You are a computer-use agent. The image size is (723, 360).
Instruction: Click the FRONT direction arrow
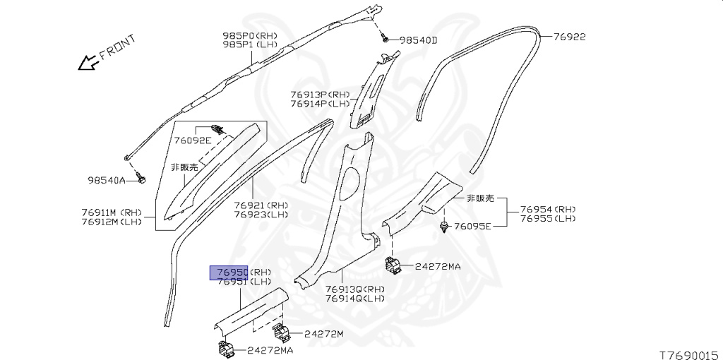[x=88, y=64]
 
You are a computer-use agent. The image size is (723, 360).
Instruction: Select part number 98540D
[x=419, y=41]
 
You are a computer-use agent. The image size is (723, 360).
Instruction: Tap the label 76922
[x=569, y=37]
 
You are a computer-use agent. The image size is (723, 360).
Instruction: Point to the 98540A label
[x=107, y=181]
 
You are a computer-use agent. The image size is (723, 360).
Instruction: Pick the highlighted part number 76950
[x=231, y=272]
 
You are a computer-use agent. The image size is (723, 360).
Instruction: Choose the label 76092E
[x=193, y=140]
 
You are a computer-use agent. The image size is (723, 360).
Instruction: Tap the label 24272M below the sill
[x=324, y=334]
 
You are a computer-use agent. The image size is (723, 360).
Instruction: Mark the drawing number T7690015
[x=688, y=351]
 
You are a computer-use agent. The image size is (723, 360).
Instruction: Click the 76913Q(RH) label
[x=355, y=289]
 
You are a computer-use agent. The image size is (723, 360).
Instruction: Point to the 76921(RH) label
[x=261, y=205]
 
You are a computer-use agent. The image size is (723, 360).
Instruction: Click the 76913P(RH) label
[x=320, y=94]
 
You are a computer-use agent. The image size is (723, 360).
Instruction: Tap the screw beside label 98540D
[x=386, y=39]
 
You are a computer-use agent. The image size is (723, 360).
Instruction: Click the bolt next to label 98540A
[x=141, y=181]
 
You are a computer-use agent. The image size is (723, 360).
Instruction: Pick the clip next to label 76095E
[x=444, y=227]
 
